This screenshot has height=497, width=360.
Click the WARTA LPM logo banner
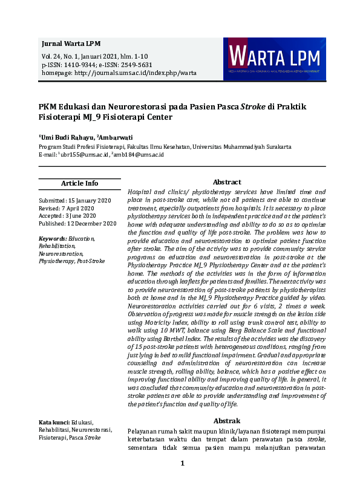[x=275, y=59]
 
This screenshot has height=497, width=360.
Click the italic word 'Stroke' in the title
[x=254, y=106]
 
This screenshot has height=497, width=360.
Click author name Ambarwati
[x=119, y=137]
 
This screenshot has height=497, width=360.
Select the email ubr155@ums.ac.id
[x=85, y=154]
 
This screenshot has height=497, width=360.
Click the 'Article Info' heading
[x=79, y=183]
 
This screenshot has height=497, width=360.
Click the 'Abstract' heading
[x=227, y=182]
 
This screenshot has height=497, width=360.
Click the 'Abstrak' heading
[x=227, y=421]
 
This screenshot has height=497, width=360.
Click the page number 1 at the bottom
[x=182, y=464]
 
